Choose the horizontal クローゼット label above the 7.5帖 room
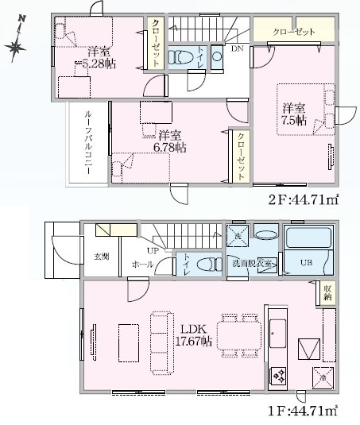pos(293,33)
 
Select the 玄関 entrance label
pos(101,257)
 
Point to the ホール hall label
pos(142,263)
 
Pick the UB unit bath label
pos(306,262)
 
